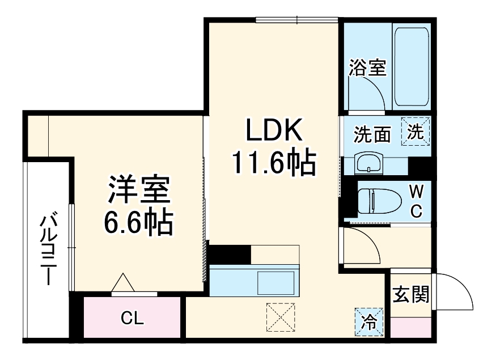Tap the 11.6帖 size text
[x=273, y=163]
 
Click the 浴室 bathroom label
[x=367, y=69]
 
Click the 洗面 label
[x=372, y=135]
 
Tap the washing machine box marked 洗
[x=417, y=132]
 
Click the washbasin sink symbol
[x=369, y=164]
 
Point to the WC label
[x=416, y=201]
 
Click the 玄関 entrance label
[x=410, y=295]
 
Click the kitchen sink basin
[x=276, y=281]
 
